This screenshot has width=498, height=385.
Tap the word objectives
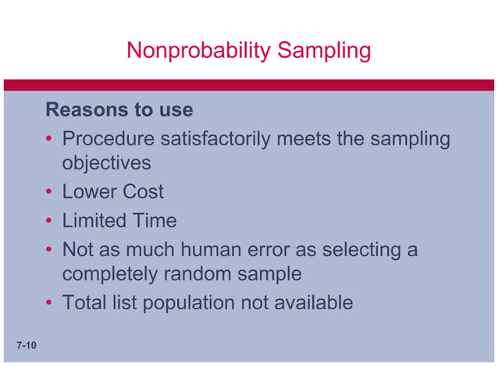pos(106,164)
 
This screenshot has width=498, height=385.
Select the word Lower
pos(89,192)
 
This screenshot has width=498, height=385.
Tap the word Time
pos(154,221)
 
